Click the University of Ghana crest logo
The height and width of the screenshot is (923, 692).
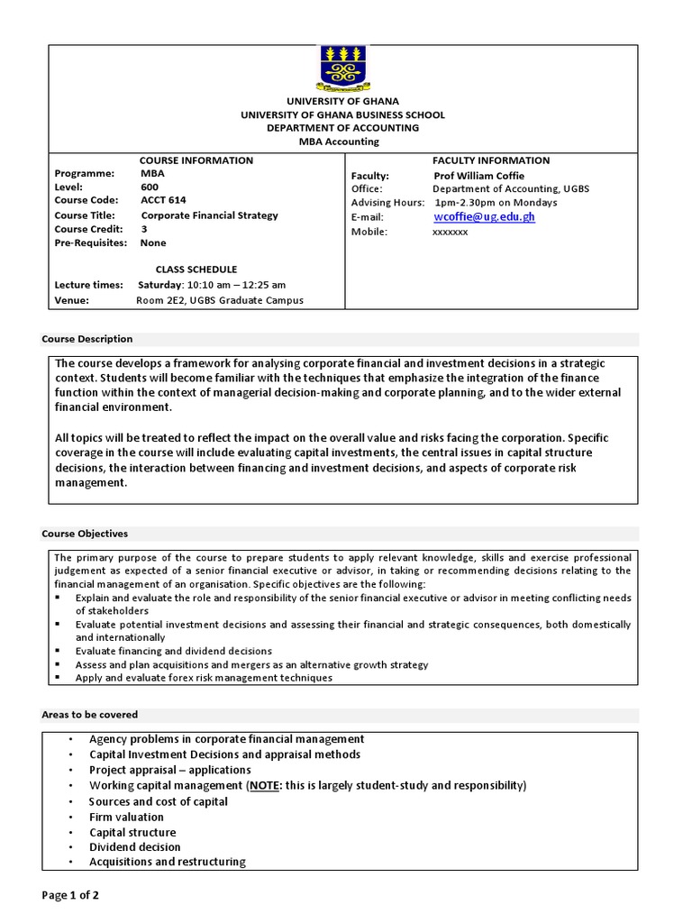(342, 69)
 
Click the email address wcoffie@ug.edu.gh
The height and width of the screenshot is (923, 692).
(484, 217)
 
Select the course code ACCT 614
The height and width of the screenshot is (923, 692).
(163, 200)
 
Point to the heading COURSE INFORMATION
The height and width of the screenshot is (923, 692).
(196, 160)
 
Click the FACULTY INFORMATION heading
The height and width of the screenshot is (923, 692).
(491, 160)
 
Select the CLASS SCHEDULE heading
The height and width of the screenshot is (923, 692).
(196, 270)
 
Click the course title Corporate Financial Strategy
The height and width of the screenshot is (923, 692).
(209, 215)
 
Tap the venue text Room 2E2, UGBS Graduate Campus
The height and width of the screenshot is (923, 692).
(220, 300)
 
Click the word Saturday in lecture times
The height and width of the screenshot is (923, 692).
(160, 285)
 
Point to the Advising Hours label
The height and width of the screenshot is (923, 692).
(387, 203)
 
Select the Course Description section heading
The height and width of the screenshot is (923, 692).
(87, 339)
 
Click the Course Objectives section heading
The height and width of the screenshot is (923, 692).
(85, 534)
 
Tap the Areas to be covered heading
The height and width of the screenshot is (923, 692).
(90, 715)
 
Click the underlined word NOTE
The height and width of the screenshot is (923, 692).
(264, 786)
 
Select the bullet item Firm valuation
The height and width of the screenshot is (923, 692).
(126, 818)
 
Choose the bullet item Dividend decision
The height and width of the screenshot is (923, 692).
(134, 847)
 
